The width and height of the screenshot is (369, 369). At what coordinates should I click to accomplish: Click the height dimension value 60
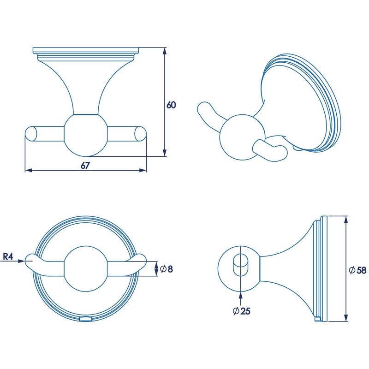(x=171, y=105)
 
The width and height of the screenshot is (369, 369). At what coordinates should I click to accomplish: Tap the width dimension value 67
(x=85, y=166)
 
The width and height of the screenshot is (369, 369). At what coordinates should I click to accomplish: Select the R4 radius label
(x=8, y=256)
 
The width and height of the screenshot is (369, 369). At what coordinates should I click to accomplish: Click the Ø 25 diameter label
(x=241, y=311)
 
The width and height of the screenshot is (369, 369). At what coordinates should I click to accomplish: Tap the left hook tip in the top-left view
(x=30, y=134)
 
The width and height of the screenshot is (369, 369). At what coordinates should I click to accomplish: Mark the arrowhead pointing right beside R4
(x=21, y=261)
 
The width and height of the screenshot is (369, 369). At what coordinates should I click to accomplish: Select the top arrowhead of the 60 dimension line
(x=165, y=50)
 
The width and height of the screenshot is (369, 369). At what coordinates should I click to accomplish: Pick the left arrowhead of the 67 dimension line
(x=27, y=171)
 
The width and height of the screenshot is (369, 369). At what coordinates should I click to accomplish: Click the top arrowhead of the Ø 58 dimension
(x=345, y=219)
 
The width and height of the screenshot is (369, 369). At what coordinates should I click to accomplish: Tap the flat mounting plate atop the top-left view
(x=87, y=50)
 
